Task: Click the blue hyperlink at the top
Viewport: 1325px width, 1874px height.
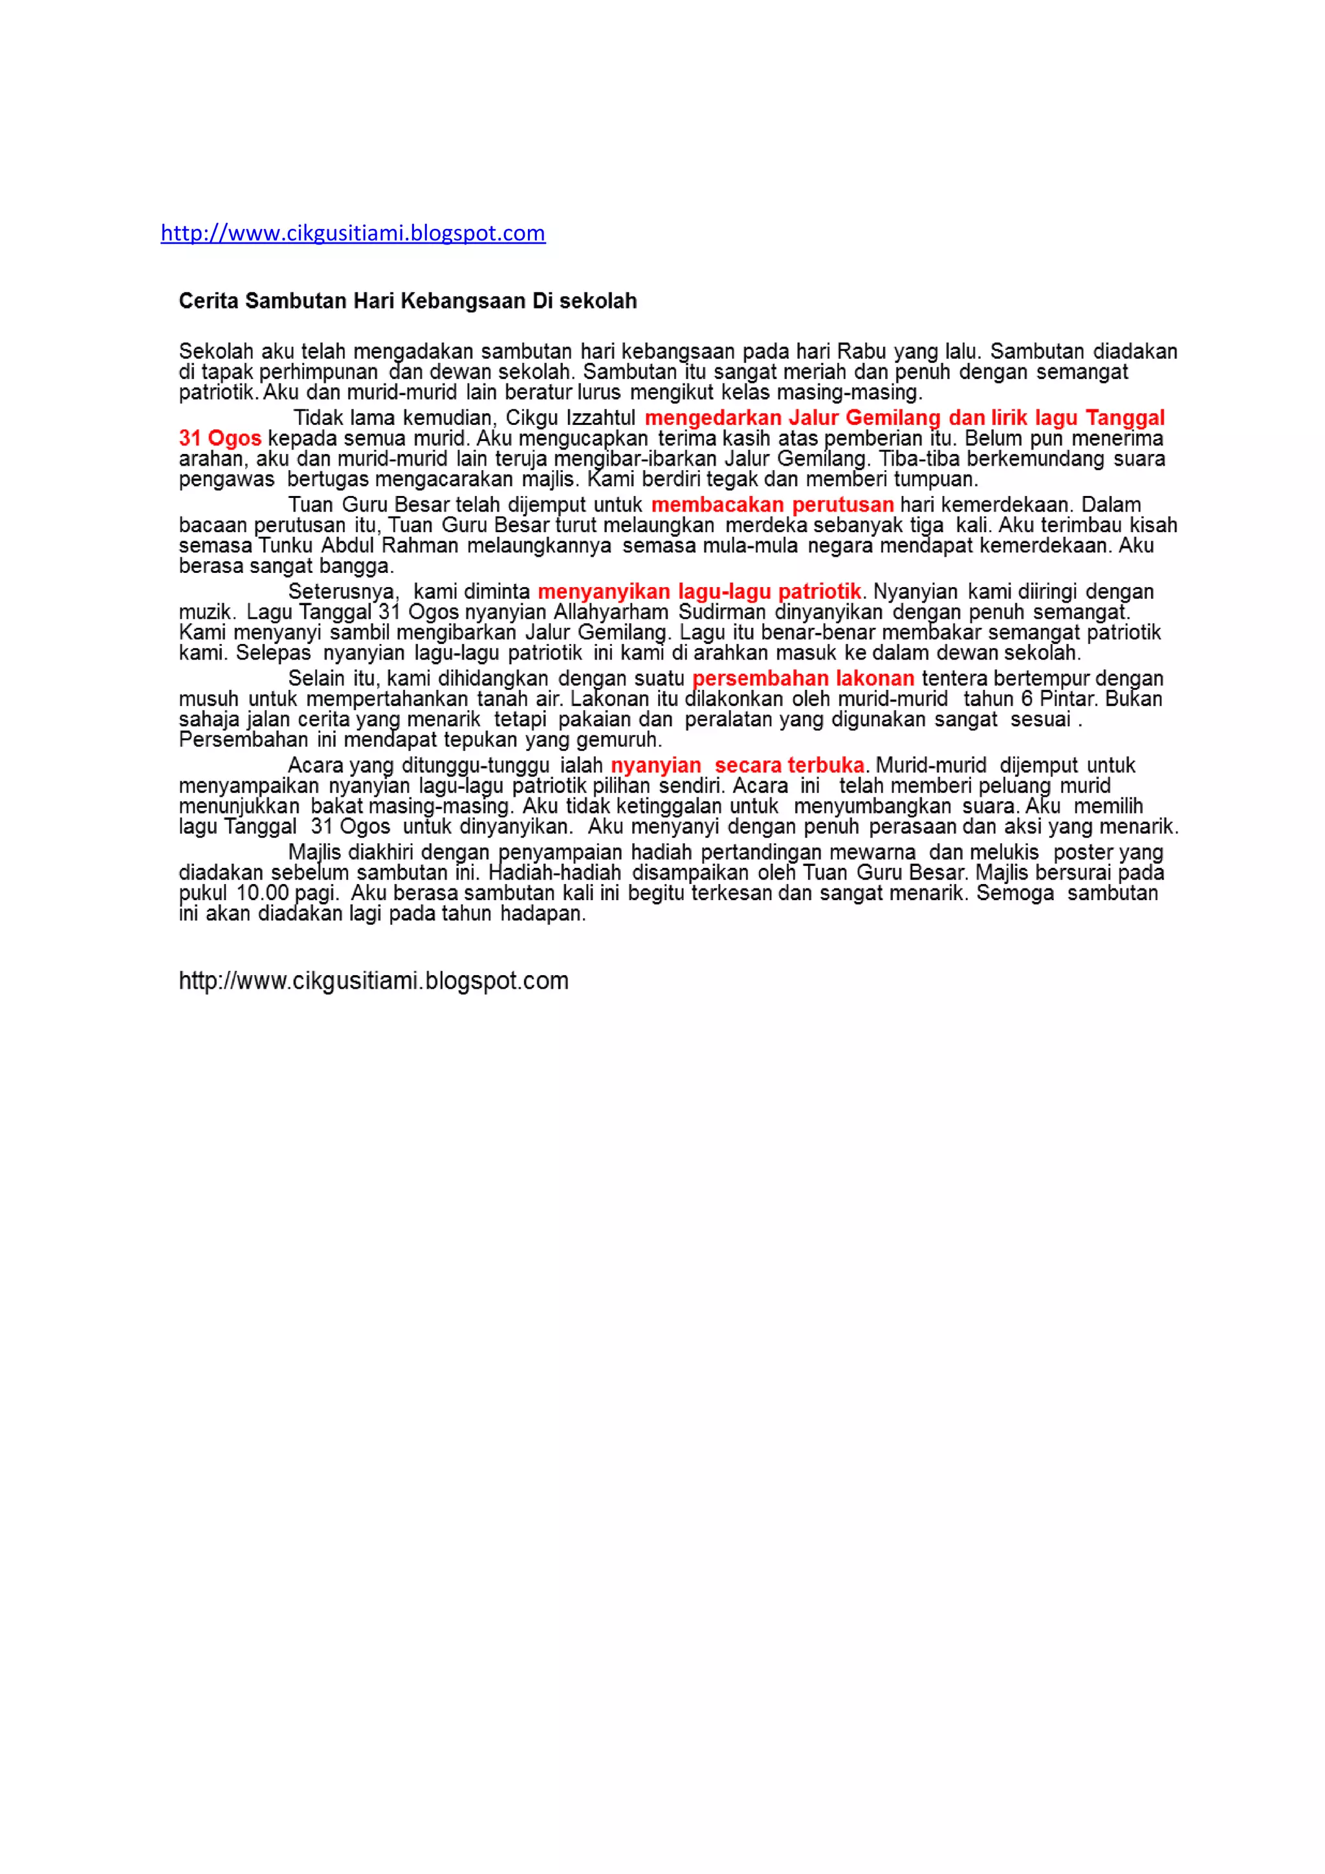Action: coord(353,233)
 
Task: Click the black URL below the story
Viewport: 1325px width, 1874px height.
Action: coord(373,980)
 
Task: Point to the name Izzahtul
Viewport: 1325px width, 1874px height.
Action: coord(600,418)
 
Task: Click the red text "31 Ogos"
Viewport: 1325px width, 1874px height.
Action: coord(219,438)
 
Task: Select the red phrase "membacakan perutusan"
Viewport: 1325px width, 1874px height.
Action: coord(771,504)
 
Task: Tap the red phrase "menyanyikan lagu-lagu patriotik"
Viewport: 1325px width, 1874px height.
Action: coord(699,591)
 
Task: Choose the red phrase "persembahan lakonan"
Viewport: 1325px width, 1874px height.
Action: coord(802,678)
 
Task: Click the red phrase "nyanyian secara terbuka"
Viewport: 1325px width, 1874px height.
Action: coord(737,766)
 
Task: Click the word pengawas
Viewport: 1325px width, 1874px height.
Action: coord(226,479)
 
